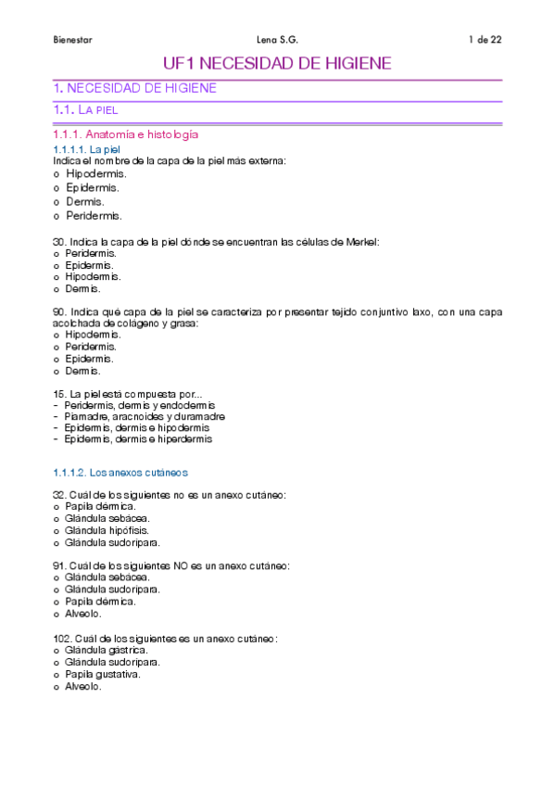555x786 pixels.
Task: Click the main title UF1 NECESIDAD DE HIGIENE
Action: coord(277,64)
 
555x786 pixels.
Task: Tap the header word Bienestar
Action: coord(72,40)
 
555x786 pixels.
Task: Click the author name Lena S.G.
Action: coord(276,40)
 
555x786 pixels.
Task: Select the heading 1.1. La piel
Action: coord(85,110)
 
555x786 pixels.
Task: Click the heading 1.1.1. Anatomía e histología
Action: coord(125,135)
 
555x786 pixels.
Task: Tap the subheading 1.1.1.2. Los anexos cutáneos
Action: coord(120,472)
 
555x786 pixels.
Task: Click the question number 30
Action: coord(59,242)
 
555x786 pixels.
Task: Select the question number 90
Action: coord(59,312)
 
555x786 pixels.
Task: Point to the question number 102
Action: coord(62,639)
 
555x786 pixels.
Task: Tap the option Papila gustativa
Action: coord(102,675)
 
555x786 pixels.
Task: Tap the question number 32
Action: coord(59,495)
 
